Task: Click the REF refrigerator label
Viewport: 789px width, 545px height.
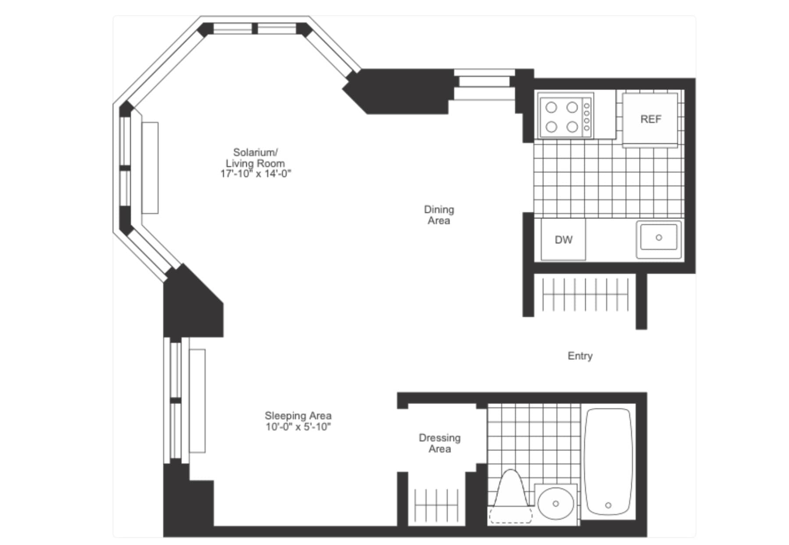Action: click(x=650, y=119)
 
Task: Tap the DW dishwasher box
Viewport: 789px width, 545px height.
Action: click(x=563, y=240)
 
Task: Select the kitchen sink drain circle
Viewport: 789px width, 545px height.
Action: click(x=658, y=238)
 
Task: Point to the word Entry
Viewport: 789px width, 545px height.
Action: click(x=580, y=356)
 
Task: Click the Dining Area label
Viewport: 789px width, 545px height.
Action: click(x=439, y=215)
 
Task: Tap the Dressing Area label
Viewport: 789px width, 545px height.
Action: click(x=440, y=443)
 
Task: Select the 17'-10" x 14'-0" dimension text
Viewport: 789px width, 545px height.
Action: click(x=256, y=174)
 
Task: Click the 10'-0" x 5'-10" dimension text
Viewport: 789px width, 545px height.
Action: click(x=298, y=427)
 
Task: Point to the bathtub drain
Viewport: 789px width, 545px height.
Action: click(x=608, y=506)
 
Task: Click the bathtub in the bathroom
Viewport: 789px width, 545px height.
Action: click(x=608, y=461)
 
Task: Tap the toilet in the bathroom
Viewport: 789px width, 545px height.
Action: click(x=511, y=497)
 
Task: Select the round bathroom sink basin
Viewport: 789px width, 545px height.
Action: click(x=555, y=504)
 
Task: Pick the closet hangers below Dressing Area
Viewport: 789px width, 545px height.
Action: click(x=436, y=505)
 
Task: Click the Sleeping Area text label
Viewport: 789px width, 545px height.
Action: click(x=298, y=416)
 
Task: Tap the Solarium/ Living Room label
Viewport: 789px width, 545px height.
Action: click(x=256, y=158)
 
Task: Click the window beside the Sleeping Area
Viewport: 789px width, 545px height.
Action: click(x=176, y=400)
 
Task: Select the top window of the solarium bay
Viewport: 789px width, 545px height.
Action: click(x=255, y=28)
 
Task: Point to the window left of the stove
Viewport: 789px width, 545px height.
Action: click(x=484, y=85)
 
